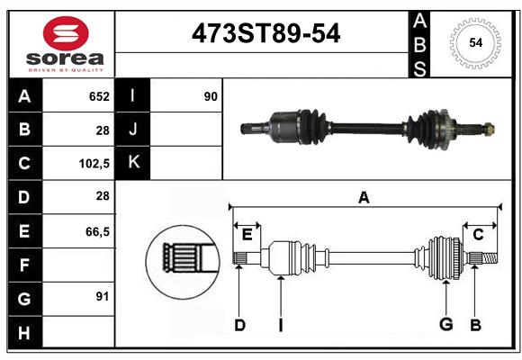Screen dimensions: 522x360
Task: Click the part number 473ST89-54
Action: pos(265,33)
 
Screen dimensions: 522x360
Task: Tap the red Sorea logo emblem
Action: pos(66,33)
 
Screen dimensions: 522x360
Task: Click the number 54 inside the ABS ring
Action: pos(476,42)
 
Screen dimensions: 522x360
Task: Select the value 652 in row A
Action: pos(99,96)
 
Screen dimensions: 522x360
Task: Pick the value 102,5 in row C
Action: pos(94,164)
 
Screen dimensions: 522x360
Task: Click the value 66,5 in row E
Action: pos(97,231)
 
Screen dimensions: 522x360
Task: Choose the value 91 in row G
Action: pos(103,296)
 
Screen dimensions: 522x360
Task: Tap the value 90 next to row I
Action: pos(211,96)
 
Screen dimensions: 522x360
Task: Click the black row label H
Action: pos(24,333)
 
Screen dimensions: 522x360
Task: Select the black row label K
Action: pos(133,162)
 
